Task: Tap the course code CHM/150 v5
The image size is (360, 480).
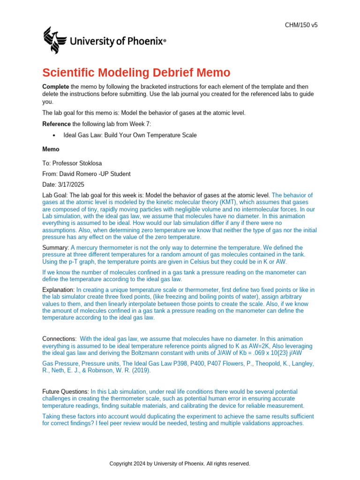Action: point(301,25)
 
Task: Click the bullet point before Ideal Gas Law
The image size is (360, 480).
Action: point(54,135)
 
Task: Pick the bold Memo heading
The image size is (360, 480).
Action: point(51,149)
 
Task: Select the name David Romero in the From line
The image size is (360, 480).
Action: point(77,174)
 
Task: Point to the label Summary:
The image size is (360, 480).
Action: point(56,247)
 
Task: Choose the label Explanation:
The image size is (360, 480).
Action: point(58,290)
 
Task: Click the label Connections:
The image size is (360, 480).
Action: point(60,338)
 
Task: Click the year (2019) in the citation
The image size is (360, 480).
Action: point(141,370)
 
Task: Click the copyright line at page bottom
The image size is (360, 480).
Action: point(180,464)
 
